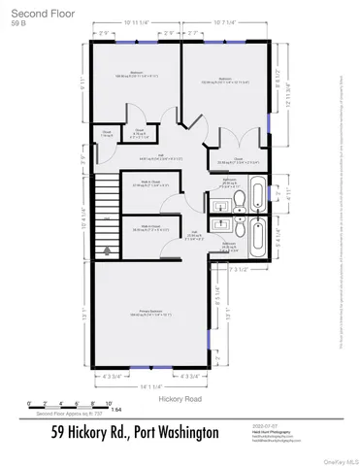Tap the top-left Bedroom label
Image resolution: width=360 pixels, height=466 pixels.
(136, 75)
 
